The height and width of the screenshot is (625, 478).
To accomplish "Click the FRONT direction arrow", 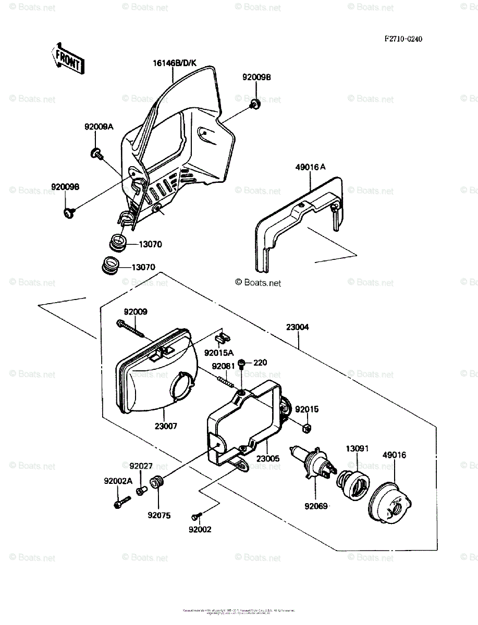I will pyautogui.click(x=67, y=58).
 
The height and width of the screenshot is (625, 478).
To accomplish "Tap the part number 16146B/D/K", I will pyautogui.click(x=175, y=64).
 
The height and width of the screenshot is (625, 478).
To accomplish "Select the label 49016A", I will pyautogui.click(x=310, y=167).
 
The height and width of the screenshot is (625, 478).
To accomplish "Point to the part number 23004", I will pyautogui.click(x=298, y=328).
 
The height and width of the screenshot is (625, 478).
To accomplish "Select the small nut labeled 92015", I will pyautogui.click(x=307, y=429).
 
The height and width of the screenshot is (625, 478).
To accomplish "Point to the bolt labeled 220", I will pyautogui.click(x=242, y=364).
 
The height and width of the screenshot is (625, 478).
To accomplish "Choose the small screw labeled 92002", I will pyautogui.click(x=197, y=516).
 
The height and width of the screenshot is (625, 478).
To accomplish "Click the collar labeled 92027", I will pyautogui.click(x=140, y=490).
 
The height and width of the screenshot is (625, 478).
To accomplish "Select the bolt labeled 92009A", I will pyautogui.click(x=96, y=153).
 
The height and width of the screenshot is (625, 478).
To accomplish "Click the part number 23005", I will pyautogui.click(x=267, y=458).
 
